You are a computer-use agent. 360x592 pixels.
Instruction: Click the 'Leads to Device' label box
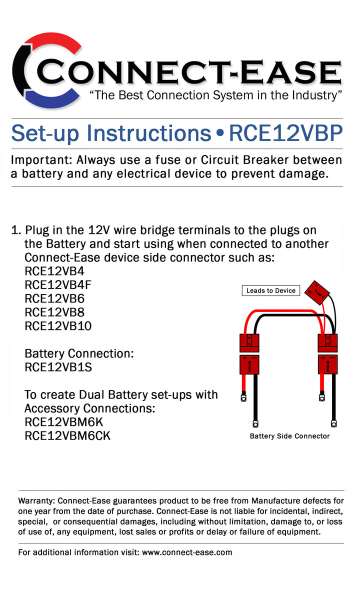270,290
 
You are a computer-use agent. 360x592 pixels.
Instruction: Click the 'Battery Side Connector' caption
289,436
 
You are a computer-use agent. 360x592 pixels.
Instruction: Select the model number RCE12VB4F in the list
58,285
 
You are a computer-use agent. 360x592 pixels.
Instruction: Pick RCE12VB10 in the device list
58,326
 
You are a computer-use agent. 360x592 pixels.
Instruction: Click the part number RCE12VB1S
58,367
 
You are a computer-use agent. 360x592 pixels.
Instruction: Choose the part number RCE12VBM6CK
67,435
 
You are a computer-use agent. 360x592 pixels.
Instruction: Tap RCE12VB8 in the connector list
54,312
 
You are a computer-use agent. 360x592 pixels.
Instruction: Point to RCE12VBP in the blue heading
285,133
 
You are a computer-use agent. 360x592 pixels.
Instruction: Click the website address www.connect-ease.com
187,552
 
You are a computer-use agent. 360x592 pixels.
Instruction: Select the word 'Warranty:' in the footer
37,500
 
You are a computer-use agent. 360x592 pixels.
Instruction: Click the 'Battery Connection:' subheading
79,353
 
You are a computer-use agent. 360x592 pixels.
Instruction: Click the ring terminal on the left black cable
255,424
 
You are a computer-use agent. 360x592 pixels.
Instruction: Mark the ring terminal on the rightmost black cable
333,423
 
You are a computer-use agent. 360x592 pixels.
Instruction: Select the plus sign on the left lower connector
244,358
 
